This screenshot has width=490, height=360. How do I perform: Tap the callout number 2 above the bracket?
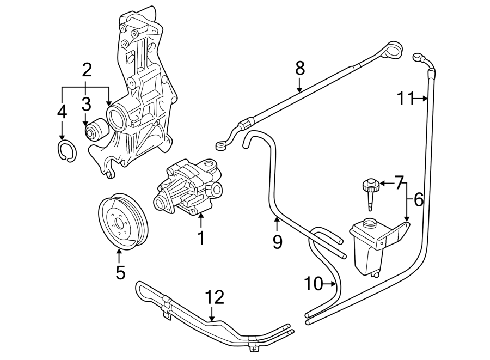(x=87, y=70)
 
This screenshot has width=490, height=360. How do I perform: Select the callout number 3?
(x=87, y=103)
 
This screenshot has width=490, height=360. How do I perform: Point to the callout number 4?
(x=62, y=112)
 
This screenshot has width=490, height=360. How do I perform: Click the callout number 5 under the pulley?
(x=120, y=271)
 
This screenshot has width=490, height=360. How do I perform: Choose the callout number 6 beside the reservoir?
(x=418, y=200)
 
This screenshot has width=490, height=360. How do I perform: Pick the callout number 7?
(x=399, y=182)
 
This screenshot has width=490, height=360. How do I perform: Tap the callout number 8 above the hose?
(x=300, y=68)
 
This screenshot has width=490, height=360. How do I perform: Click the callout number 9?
(x=277, y=241)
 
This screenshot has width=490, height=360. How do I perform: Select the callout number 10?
(x=314, y=283)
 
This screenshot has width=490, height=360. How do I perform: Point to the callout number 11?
(x=405, y=99)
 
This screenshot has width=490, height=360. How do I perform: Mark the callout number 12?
(x=215, y=297)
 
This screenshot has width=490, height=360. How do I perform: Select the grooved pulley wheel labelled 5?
(x=125, y=221)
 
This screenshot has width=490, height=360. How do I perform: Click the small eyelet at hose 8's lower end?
(x=221, y=145)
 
